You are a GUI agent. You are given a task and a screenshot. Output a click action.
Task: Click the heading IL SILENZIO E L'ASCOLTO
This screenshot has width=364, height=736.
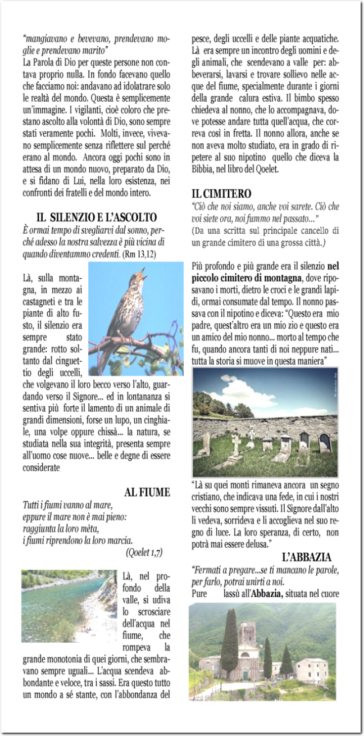click(96, 217)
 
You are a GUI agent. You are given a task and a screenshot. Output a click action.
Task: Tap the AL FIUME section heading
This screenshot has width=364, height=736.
click(147, 492)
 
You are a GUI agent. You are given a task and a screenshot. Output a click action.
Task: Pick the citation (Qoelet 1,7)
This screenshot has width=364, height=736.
click(144, 552)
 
